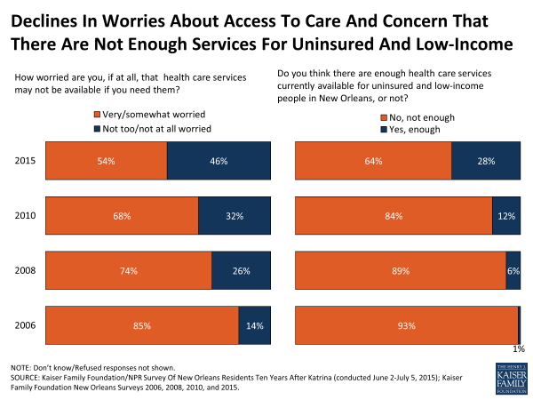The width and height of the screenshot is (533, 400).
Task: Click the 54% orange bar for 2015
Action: point(106,161)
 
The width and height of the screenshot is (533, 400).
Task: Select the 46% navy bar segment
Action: point(219,161)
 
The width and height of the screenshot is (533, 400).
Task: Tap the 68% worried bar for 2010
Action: point(122,216)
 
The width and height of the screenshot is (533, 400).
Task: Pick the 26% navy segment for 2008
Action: point(241,271)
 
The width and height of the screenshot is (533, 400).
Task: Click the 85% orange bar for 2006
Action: point(141,326)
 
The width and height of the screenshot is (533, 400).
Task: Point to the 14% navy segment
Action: point(254,326)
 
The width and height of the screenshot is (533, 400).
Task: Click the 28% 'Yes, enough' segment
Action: point(486,161)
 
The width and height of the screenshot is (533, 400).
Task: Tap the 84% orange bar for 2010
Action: point(394,216)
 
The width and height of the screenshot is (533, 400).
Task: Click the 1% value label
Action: point(519,349)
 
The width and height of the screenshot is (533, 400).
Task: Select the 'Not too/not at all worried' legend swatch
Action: point(98,128)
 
